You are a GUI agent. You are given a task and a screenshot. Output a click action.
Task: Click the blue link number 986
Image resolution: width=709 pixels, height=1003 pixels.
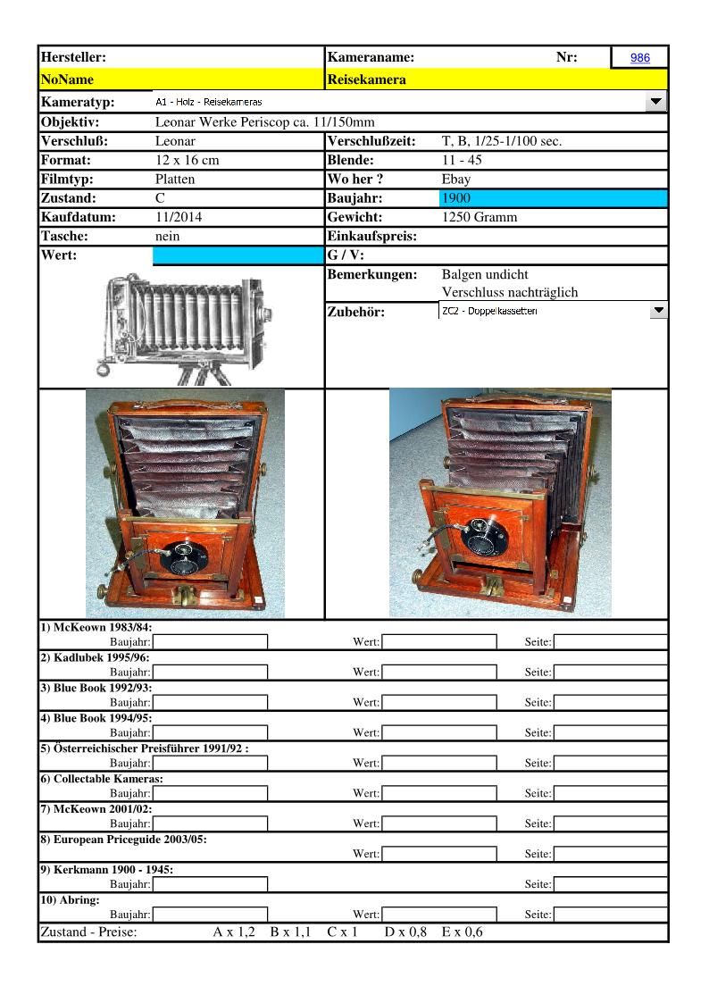(639, 58)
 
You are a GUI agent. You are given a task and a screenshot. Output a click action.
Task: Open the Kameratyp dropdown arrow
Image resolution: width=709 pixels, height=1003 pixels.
(656, 102)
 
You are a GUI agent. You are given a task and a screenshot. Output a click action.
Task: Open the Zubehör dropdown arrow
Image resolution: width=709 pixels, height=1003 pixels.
(658, 311)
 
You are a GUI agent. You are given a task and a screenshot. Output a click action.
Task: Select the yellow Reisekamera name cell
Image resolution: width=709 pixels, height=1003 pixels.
(496, 79)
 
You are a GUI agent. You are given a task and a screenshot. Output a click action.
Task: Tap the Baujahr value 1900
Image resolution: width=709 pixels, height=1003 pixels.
(554, 198)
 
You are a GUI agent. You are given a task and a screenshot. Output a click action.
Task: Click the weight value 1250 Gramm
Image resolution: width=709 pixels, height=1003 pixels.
(480, 217)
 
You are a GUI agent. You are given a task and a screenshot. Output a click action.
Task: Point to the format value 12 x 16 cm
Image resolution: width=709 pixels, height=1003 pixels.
(187, 161)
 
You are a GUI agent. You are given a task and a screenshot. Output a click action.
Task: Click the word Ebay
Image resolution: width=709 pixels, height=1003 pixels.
(456, 180)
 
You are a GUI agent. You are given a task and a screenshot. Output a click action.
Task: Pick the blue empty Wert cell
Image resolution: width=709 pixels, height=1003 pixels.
(238, 256)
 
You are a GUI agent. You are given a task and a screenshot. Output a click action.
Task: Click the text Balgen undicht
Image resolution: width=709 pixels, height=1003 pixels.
(485, 275)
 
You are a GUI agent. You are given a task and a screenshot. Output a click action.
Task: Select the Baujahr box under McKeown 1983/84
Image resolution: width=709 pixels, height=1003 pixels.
(210, 641)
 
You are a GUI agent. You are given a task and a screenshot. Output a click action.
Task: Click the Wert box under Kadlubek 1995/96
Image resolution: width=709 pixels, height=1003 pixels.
(438, 672)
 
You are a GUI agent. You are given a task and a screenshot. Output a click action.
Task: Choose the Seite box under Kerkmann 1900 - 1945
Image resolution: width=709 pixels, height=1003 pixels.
(611, 884)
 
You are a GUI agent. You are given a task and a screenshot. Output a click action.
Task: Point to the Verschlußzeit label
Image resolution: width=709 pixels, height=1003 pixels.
(371, 141)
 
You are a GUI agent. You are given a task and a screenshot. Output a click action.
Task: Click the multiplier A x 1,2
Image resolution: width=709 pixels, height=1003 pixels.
(234, 932)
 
